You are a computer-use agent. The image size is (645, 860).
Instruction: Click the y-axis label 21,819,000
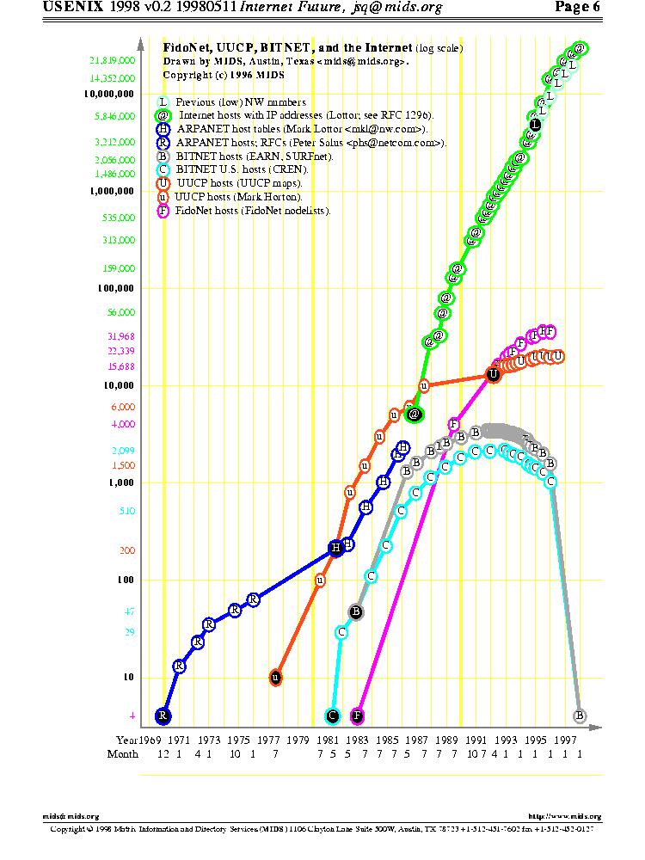113,61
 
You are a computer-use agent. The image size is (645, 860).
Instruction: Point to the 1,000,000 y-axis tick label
113,191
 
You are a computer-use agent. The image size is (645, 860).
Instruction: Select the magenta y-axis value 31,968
121,336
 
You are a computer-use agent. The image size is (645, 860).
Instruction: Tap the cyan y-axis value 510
128,511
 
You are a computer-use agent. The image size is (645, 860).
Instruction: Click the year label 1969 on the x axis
150,739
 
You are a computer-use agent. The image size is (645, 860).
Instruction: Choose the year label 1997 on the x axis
565,739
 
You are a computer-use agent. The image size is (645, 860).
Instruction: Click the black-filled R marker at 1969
163,716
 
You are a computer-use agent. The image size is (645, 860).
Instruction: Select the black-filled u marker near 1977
275,678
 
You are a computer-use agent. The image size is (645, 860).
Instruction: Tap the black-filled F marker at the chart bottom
358,716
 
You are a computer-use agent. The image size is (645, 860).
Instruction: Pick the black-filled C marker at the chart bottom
333,716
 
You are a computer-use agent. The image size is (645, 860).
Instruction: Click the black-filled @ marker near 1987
415,415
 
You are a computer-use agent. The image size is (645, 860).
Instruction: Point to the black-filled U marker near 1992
493,374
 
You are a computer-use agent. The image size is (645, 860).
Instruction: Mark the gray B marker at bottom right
580,715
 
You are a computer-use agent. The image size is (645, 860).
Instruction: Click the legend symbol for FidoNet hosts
163,211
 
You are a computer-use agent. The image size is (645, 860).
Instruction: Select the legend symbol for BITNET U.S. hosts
163,170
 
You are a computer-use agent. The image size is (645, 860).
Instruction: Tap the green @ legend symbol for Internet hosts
163,115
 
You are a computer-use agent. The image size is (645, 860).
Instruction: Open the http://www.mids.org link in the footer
564,816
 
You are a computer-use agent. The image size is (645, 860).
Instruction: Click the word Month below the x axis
122,754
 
